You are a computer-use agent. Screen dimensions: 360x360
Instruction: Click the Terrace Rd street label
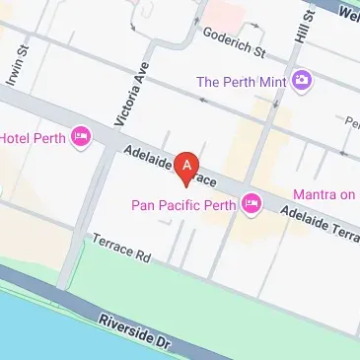click(x=120, y=248)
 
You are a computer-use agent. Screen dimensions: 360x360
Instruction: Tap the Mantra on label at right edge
click(x=325, y=194)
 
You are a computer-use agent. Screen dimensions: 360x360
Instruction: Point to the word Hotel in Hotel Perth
click(x=17, y=136)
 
